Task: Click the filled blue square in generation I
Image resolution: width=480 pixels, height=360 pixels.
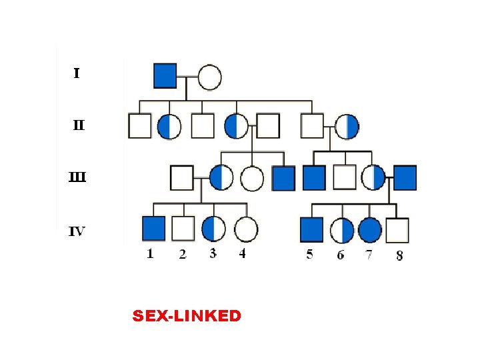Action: pyautogui.click(x=165, y=75)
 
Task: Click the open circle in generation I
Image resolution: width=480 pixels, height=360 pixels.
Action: pyautogui.click(x=209, y=77)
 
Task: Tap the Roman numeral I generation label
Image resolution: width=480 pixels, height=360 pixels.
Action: pyautogui.click(x=77, y=73)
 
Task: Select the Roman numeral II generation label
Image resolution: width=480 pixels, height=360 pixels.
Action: pyautogui.click(x=79, y=125)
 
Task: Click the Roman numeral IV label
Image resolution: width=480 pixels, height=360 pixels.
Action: pyautogui.click(x=77, y=232)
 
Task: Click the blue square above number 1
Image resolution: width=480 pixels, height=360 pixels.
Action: pyautogui.click(x=153, y=229)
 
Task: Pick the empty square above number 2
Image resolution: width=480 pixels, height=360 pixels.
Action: pyautogui.click(x=183, y=229)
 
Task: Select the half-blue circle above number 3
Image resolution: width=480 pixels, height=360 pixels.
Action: pyautogui.click(x=213, y=229)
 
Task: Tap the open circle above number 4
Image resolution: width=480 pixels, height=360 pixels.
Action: pyautogui.click(x=246, y=229)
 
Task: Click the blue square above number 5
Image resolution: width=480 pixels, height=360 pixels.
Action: pyautogui.click(x=311, y=229)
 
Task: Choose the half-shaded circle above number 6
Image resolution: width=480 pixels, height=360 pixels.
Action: pyautogui.click(x=342, y=230)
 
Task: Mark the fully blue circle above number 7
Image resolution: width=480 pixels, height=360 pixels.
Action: pyautogui.click(x=370, y=230)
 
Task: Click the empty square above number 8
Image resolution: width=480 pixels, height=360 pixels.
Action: pyautogui.click(x=397, y=230)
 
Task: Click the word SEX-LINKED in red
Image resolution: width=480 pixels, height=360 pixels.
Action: pyautogui.click(x=187, y=316)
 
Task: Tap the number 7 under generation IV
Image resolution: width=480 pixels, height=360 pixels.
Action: pyautogui.click(x=369, y=254)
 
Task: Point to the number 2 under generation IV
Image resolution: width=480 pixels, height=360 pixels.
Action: pyautogui.click(x=183, y=255)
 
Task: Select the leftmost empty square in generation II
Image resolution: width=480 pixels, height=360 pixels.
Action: pyautogui.click(x=140, y=125)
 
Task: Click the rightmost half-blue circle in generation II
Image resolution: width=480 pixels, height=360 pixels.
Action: pyautogui.click(x=347, y=126)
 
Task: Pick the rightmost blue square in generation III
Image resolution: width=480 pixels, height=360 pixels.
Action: pyautogui.click(x=405, y=177)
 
